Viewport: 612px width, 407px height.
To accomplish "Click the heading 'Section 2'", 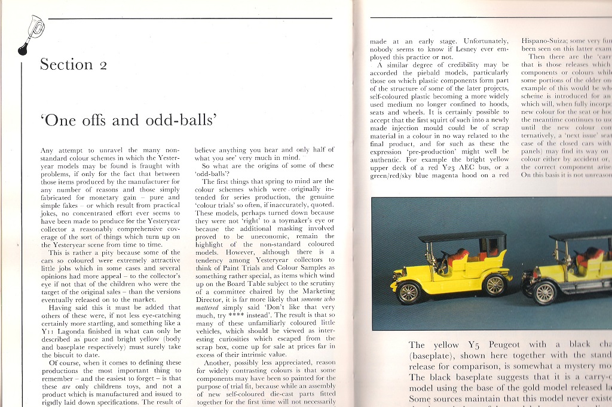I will click(74, 64).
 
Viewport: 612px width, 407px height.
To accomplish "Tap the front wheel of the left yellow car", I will click(409, 292).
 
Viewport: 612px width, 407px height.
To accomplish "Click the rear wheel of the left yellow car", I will click(495, 285).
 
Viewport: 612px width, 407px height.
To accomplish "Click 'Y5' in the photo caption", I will click(473, 345).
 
